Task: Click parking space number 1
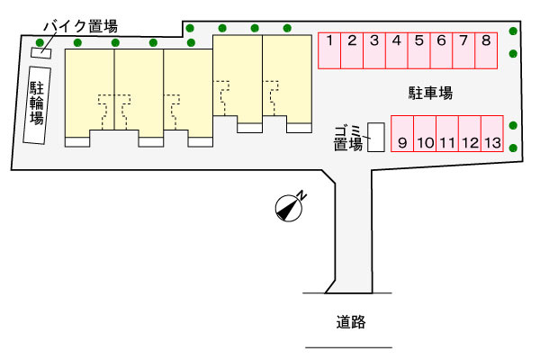pos(329,50)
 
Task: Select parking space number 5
pos(418,50)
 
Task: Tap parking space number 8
pos(486,50)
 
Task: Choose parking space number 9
pos(402,134)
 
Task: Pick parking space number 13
pos(492,134)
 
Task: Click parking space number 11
pos(447,134)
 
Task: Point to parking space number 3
pos(374,50)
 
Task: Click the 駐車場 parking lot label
pos(430,93)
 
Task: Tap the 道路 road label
pos(351,322)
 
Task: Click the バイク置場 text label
pos(81,26)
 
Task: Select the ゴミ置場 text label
pos(348,138)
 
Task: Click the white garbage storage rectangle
pos(375,137)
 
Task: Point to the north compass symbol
pos(289,208)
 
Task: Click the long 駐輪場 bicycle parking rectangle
pos(37,105)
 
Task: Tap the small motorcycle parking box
pos(41,53)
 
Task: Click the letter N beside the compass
pos(302,195)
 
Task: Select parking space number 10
pos(425,134)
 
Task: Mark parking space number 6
pos(441,50)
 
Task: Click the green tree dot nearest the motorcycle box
pos(40,42)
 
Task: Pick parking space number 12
pos(470,134)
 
